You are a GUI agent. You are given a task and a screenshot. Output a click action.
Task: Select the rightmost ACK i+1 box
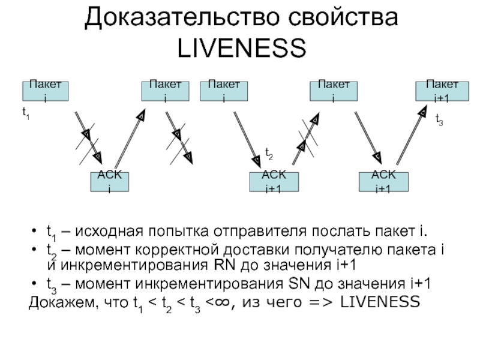383,181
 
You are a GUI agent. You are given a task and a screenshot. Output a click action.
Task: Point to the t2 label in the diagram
269,155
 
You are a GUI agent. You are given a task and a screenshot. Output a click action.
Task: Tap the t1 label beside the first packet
26,113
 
